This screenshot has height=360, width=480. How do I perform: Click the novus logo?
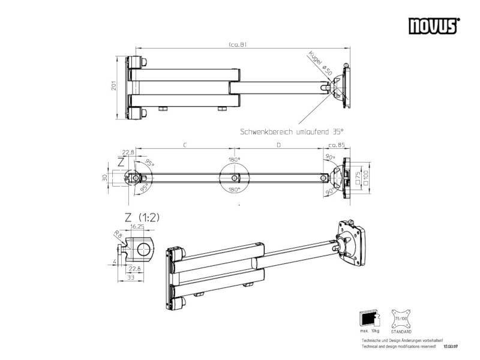click(x=434, y=25)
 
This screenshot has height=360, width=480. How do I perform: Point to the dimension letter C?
click(x=184, y=145)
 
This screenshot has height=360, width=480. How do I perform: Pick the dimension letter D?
click(x=278, y=145)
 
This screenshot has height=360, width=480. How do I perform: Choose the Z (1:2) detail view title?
click(x=142, y=217)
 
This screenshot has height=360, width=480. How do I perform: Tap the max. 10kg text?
click(x=368, y=331)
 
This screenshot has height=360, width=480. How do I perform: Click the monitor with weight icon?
click(x=367, y=317)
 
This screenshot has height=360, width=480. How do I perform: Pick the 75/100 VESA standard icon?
click(x=401, y=317)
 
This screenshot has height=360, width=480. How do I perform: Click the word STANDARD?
click(x=401, y=331)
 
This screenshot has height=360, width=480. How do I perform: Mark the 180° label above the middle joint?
click(x=234, y=160)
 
